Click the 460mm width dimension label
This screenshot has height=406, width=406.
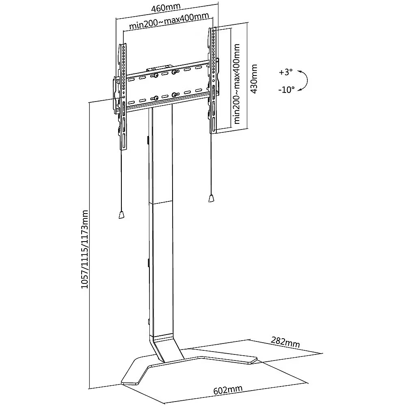(x=165, y=8)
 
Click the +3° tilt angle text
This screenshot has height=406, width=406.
(x=285, y=72)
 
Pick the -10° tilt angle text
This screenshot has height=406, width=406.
(x=286, y=90)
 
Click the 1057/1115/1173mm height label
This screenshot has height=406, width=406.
(x=84, y=249)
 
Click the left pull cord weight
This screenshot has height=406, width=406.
(x=121, y=215)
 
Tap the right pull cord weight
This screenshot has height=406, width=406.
(x=211, y=199)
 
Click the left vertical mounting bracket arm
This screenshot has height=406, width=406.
(x=123, y=97)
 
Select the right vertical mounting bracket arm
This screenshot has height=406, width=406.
(x=214, y=81)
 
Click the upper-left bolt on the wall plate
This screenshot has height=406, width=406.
(x=155, y=75)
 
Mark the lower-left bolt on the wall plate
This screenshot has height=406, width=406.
(x=155, y=98)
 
